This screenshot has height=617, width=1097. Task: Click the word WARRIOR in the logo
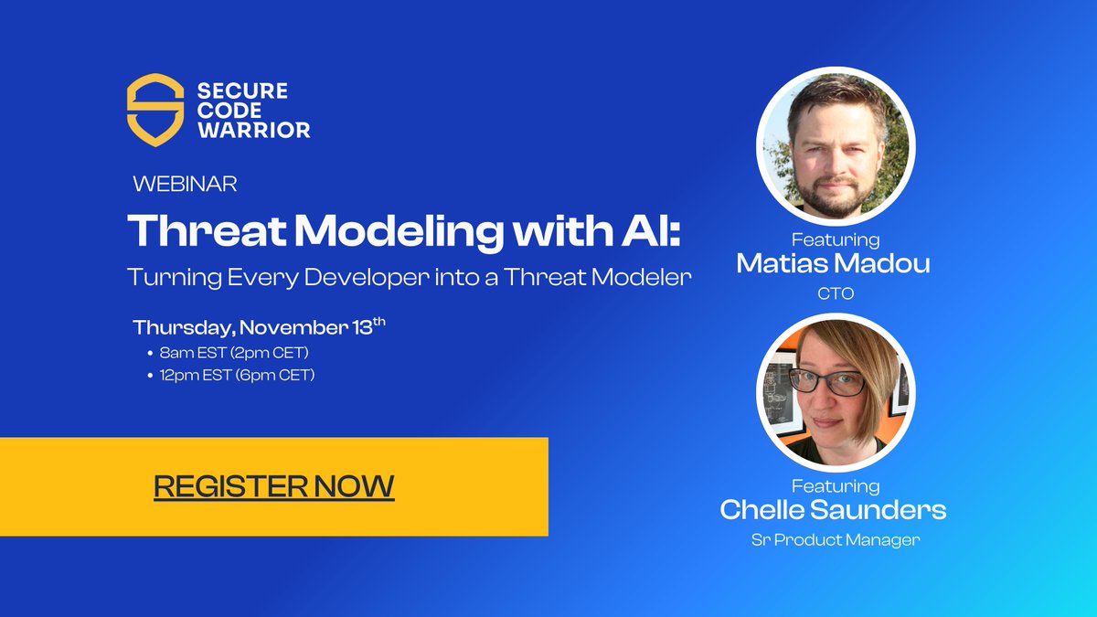pyautogui.click(x=254, y=130)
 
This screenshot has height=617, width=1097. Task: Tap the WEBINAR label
pyautogui.click(x=186, y=184)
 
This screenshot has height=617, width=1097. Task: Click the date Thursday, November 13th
pyautogui.click(x=259, y=327)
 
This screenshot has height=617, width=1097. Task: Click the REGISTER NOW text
pyautogui.click(x=273, y=485)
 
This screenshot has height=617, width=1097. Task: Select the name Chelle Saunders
pyautogui.click(x=833, y=509)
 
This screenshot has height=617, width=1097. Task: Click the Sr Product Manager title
pyautogui.click(x=835, y=540)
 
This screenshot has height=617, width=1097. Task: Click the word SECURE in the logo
pyautogui.click(x=242, y=90)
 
